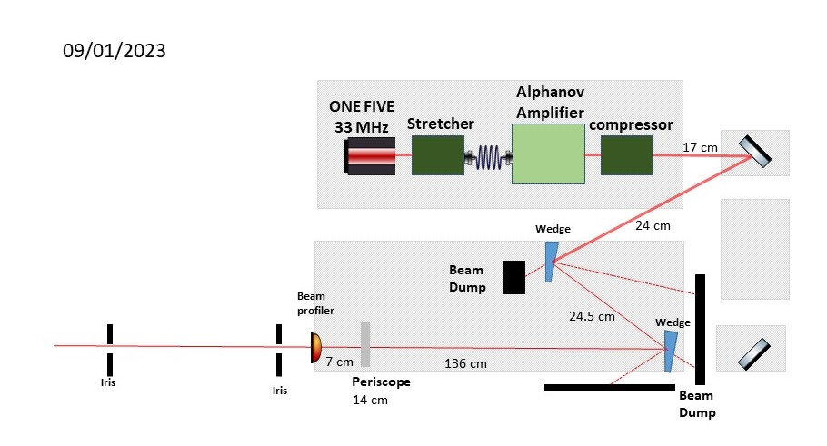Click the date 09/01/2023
115,51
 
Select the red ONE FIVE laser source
371,156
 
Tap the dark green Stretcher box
437,155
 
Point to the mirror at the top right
756,153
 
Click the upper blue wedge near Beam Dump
549,261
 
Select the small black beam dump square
514,277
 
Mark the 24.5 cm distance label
592,317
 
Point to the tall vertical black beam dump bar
701,329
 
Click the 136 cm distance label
466,364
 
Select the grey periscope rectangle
365,344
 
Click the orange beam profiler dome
315,346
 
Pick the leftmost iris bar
108,347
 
